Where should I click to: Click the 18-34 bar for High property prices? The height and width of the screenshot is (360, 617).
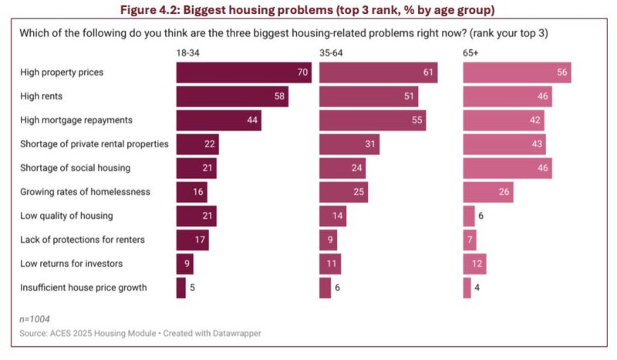click(x=243, y=72)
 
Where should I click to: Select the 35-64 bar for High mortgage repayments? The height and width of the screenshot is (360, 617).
click(x=372, y=120)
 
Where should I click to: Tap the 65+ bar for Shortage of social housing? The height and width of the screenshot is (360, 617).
click(x=507, y=168)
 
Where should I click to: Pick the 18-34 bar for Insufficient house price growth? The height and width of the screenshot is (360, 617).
click(x=180, y=288)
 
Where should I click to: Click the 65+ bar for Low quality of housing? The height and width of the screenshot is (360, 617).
click(x=468, y=216)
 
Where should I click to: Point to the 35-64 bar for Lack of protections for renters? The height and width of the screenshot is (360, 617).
click(x=328, y=240)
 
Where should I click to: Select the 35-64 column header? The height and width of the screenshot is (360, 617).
click(x=332, y=51)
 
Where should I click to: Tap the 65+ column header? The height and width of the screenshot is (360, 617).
click(x=471, y=51)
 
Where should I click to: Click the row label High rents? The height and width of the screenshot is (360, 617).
click(x=43, y=96)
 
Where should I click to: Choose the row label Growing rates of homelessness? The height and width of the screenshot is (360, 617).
click(x=85, y=192)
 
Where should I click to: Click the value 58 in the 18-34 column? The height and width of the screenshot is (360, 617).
click(x=278, y=96)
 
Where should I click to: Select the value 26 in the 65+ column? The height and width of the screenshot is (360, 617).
click(x=504, y=192)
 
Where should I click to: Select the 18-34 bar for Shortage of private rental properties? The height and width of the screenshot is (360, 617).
click(x=197, y=144)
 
